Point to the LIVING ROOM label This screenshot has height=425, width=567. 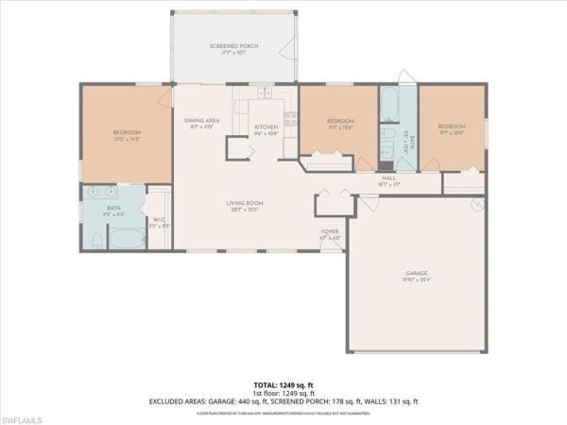243,205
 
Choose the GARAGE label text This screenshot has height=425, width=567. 417,275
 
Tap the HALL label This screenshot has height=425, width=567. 388,178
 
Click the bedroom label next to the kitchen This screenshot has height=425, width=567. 340,123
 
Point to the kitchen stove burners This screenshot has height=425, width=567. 291,119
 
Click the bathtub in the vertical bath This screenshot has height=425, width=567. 389,101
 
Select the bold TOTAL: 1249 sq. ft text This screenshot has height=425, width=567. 283,385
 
